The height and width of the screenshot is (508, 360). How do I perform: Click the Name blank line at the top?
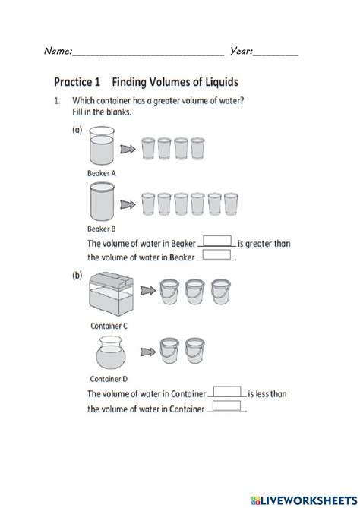point(149,53)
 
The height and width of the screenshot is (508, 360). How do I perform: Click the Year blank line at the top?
point(276,53)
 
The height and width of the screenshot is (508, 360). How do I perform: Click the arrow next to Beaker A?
point(131,149)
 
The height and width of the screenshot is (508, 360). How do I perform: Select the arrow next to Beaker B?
point(131,204)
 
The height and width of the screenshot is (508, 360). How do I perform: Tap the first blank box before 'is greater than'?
point(217,241)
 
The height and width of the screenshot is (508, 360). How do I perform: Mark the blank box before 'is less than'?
point(227,392)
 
